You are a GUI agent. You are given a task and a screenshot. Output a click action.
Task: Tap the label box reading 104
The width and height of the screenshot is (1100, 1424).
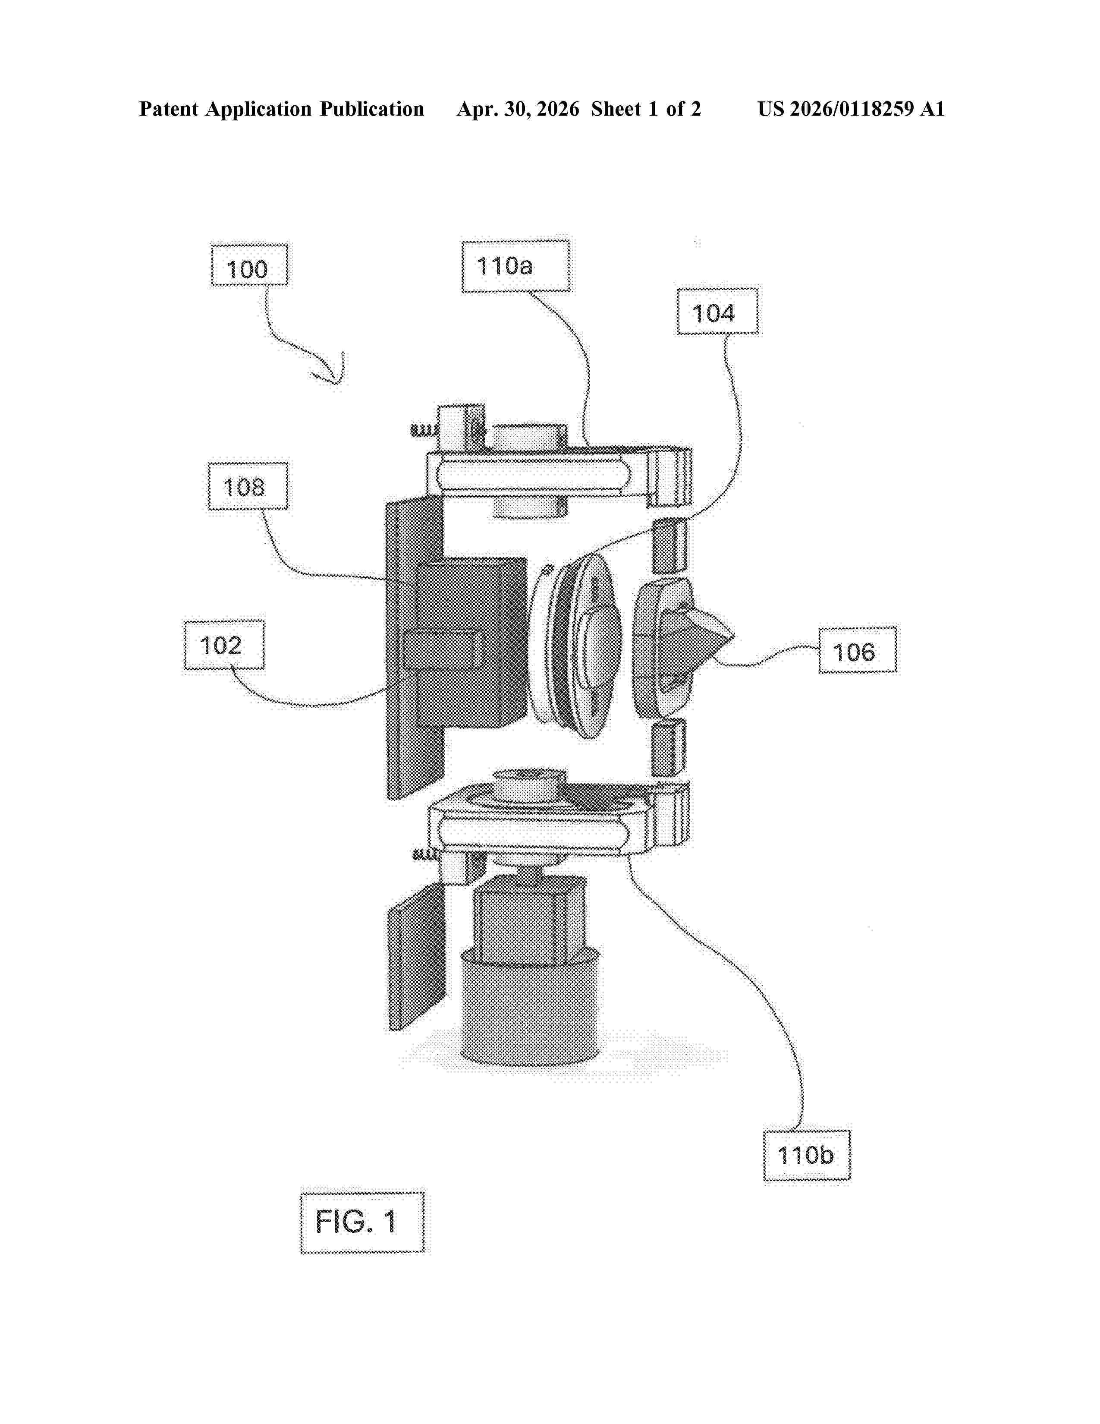717,311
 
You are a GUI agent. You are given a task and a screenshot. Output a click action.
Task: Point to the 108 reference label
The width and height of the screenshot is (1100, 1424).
248,486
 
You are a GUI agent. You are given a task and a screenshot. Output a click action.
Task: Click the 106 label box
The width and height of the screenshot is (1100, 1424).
858,649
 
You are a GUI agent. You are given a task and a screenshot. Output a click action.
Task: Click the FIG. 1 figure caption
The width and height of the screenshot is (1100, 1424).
361,1222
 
